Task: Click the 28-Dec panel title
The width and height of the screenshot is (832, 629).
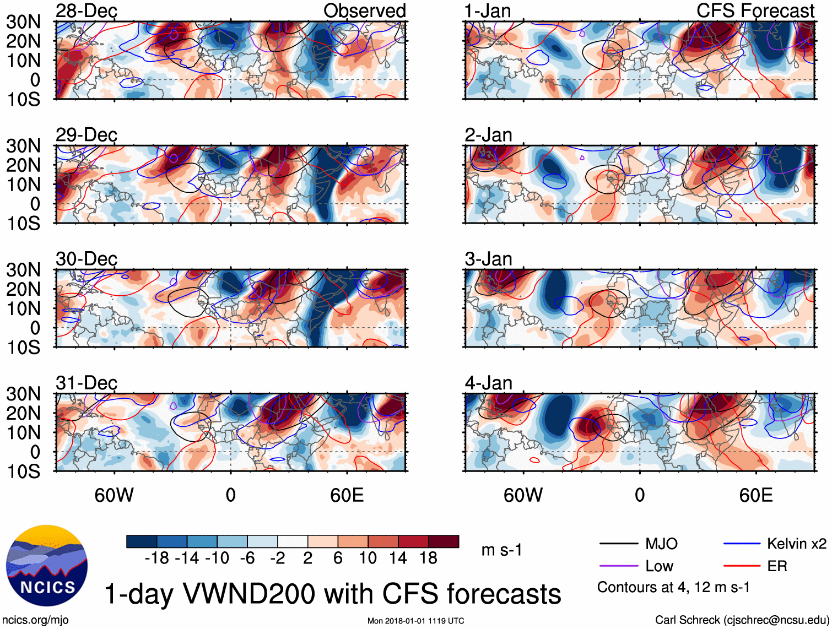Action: pos(87,11)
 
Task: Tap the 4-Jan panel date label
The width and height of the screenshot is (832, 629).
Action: pos(488,383)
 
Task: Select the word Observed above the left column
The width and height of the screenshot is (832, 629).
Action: pos(364,10)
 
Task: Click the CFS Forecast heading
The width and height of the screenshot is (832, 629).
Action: pos(755,10)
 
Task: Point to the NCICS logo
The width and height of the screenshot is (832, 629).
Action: pos(47,566)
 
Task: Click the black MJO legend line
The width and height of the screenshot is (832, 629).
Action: pos(618,544)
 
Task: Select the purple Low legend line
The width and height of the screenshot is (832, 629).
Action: pos(618,566)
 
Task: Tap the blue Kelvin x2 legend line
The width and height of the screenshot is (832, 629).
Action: pos(742,544)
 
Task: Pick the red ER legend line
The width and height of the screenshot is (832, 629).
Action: pos(742,566)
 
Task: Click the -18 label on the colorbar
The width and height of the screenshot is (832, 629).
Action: pos(157,558)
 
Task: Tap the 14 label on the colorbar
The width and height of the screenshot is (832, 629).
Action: pos(398,558)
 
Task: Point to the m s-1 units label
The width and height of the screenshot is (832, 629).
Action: pos(501,550)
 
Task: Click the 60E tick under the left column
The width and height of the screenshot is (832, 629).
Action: pos(347,495)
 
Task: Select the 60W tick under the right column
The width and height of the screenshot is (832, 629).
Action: pos(523,495)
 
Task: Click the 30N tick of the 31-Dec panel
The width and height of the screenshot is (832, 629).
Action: pos(23,394)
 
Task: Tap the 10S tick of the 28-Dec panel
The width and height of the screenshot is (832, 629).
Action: pos(23,100)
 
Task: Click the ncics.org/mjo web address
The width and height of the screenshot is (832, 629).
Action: pos(36,620)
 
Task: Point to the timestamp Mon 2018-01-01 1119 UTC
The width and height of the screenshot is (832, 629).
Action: pos(415,621)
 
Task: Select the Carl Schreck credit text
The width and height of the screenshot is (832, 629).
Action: pos(742,620)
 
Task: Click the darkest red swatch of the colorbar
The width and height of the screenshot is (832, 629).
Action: pos(444,541)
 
